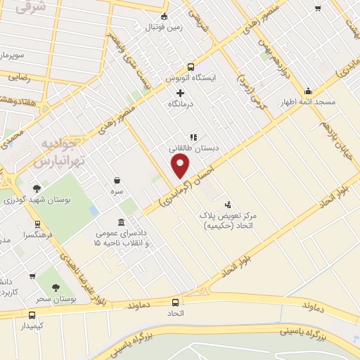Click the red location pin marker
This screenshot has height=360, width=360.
click(181, 166)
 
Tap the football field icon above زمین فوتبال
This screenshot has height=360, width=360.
click(165, 17)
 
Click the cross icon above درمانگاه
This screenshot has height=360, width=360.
click(180, 92)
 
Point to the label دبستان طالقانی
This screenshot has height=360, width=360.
click(193, 148)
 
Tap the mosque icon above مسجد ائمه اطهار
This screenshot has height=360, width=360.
click(308, 91)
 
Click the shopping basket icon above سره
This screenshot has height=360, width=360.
click(117, 180)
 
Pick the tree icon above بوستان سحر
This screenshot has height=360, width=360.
click(56, 288)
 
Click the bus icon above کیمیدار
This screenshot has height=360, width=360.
click(32, 314)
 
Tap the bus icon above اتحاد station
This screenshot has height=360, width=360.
click(175, 302)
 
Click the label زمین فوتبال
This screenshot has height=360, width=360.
click(164, 28)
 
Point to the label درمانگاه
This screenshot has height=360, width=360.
click(181, 103)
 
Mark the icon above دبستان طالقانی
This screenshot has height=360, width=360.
click(192, 137)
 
